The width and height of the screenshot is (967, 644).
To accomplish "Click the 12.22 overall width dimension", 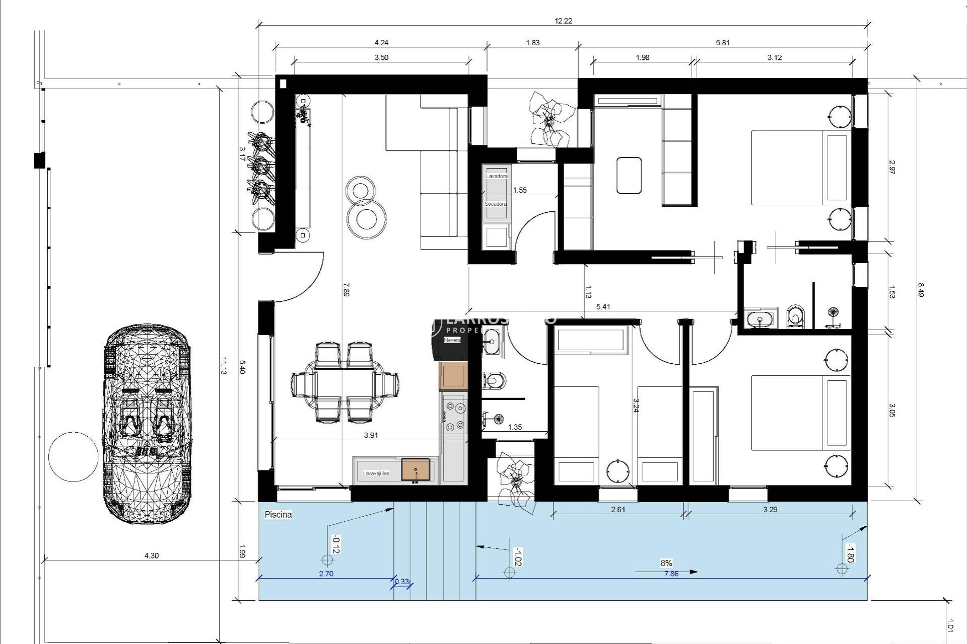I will click(563, 21).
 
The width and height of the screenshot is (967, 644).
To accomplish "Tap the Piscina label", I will click(278, 515).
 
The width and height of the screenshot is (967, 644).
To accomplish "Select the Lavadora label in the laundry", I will click(496, 177).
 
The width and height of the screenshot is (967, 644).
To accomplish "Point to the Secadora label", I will click(496, 204).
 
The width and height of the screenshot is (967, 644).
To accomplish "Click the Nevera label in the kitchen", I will click(452, 341).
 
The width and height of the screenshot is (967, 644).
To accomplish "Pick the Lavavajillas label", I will click(376, 473).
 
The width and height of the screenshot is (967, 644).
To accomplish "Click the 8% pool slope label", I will click(666, 563).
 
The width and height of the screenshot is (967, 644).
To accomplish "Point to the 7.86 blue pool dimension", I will click(671, 574).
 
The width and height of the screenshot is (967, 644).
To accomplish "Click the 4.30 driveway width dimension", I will click(151, 556).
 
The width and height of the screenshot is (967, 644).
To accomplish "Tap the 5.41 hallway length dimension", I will click(603, 306).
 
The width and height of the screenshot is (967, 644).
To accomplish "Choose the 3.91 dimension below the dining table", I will click(371, 436).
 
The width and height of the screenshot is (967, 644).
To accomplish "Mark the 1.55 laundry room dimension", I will click(520, 190).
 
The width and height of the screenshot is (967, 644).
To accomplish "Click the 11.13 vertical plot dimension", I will click(224, 366).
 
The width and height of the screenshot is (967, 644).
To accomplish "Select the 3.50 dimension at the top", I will click(381, 57).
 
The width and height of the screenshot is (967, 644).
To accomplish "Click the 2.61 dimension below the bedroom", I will click(617, 509).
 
